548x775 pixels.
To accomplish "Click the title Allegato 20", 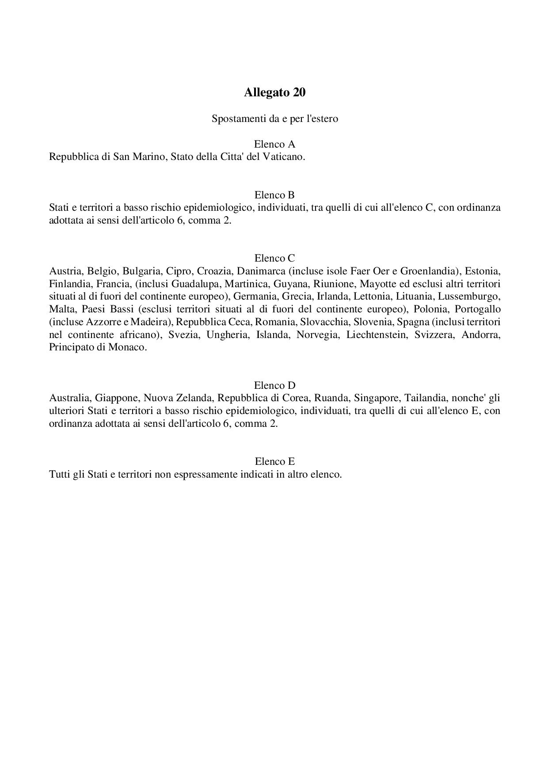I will click(x=274, y=93).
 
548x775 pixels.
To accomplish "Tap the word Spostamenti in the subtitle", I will click(x=236, y=119).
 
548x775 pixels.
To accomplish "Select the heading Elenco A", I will click(x=274, y=144).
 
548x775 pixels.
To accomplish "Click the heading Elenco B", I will click(x=274, y=195).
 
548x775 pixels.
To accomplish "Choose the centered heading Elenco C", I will click(x=274, y=258).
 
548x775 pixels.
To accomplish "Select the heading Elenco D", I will click(x=274, y=385).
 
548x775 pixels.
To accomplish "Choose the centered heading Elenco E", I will click(x=274, y=462).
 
